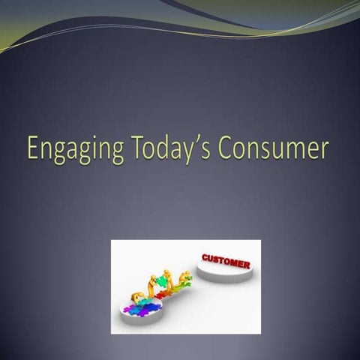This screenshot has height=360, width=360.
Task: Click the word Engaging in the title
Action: (75, 149)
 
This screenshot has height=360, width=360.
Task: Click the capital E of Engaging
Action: (34, 148)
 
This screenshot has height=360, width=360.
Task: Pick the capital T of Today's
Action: (139, 148)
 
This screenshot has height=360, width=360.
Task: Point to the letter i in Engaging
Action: (100, 148)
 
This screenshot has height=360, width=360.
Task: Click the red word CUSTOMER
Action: (226, 262)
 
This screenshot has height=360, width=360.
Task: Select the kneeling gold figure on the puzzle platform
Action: (139, 298)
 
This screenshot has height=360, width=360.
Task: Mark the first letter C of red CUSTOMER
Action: (205, 258)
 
